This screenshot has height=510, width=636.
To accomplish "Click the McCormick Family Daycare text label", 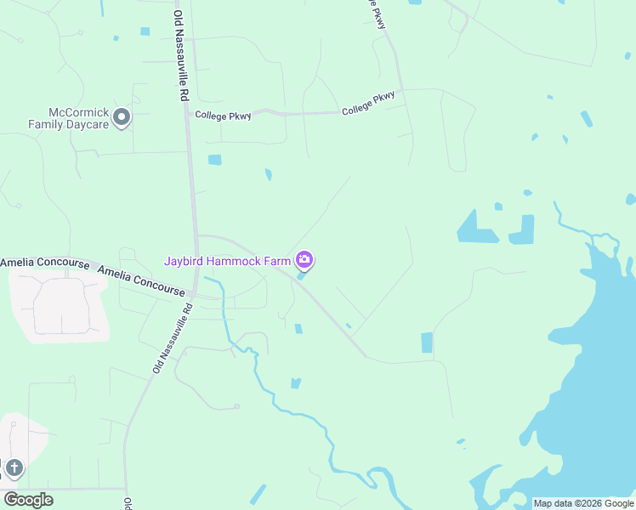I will click(x=78, y=117).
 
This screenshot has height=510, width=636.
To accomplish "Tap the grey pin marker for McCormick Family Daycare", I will click(x=122, y=117).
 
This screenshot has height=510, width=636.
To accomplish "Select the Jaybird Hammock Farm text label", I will click(x=227, y=261).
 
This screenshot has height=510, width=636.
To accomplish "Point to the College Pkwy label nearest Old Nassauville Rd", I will click(x=223, y=116).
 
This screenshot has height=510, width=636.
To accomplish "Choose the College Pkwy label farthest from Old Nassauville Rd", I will click(x=369, y=104).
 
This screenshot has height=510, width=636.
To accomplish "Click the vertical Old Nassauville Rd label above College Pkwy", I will click(x=179, y=56).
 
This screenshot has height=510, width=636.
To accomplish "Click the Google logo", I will click(x=28, y=500).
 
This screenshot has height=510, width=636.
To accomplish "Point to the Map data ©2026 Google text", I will click(x=584, y=503).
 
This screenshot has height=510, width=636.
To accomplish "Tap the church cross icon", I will click(x=14, y=468).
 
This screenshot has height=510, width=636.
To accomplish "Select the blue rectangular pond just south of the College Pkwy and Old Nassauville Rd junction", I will click(x=214, y=160).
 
